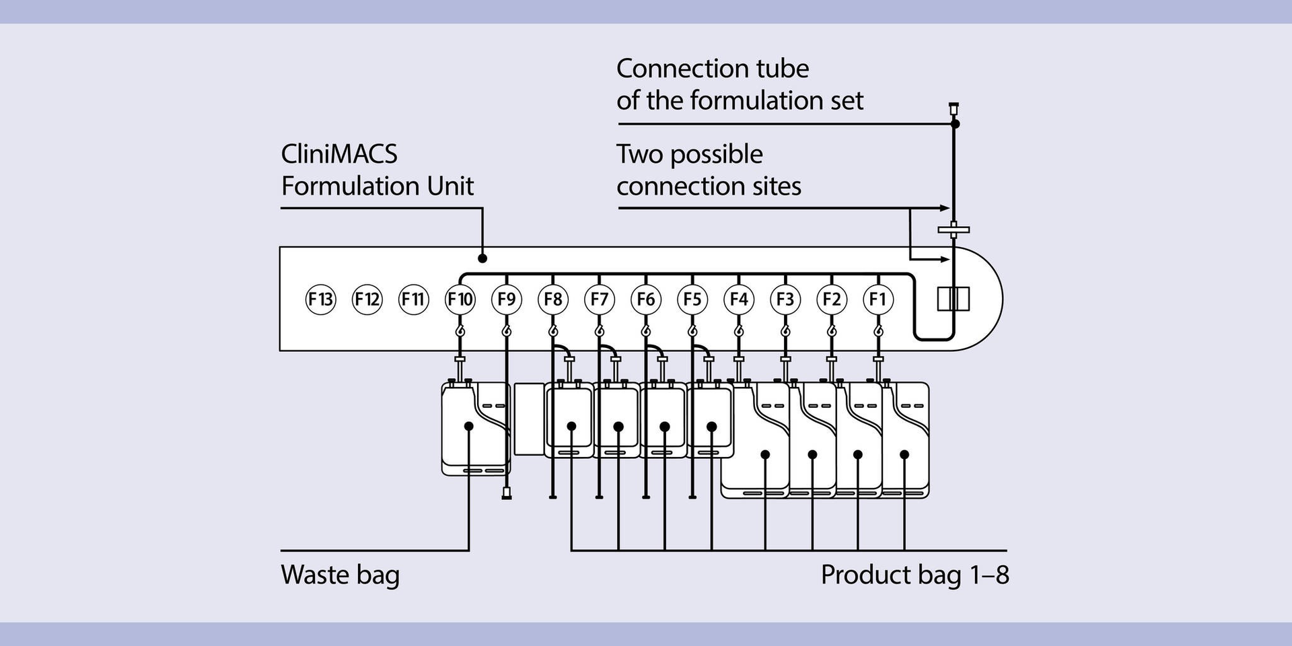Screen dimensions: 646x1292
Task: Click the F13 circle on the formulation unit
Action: [x=320, y=299]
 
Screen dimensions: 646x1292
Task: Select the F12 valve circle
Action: [x=367, y=299]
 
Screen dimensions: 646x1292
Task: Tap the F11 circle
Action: [x=413, y=299]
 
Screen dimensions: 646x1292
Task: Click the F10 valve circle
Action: [x=460, y=299]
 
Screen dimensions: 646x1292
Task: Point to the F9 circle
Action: [x=507, y=299]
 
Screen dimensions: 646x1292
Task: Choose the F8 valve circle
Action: [x=553, y=299]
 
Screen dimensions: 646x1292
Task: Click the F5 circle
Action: [x=692, y=299]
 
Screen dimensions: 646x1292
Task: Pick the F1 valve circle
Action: [x=878, y=299]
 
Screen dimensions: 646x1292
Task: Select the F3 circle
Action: [x=785, y=299]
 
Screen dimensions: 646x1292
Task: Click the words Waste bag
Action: [x=340, y=575]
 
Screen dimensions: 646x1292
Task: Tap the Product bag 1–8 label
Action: [x=914, y=575]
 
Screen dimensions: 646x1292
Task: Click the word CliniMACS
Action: [x=338, y=154]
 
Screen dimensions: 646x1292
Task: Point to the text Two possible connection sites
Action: [x=708, y=170]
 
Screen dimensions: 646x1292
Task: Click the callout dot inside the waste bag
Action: [x=469, y=426]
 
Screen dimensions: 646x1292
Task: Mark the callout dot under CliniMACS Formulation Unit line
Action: [x=482, y=258]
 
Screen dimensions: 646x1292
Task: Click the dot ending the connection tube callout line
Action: [x=955, y=124]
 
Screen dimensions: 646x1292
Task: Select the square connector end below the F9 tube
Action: [x=507, y=496]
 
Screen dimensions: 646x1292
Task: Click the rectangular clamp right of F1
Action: [x=954, y=299]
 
